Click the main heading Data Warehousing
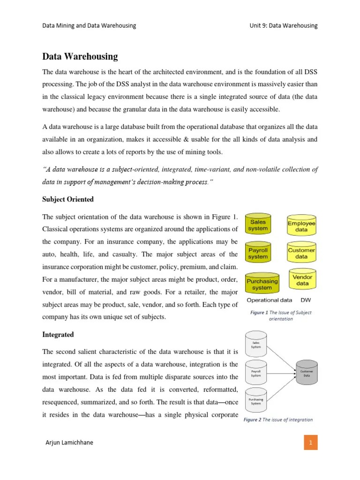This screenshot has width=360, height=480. point(80,57)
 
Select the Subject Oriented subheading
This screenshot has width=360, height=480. point(68,199)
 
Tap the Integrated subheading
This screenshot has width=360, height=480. point(58,335)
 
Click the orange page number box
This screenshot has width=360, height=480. point(310,442)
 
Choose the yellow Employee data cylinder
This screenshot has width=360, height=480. point(301,226)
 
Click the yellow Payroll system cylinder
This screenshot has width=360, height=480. point(258,254)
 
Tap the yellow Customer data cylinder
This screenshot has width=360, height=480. point(301,254)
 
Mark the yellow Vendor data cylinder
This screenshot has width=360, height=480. point(302,280)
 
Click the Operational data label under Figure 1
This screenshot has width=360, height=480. point(269,300)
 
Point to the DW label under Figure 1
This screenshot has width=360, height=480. point(306,300)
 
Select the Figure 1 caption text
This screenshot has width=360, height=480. point(280,315)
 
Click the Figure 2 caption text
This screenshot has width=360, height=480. point(278,420)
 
